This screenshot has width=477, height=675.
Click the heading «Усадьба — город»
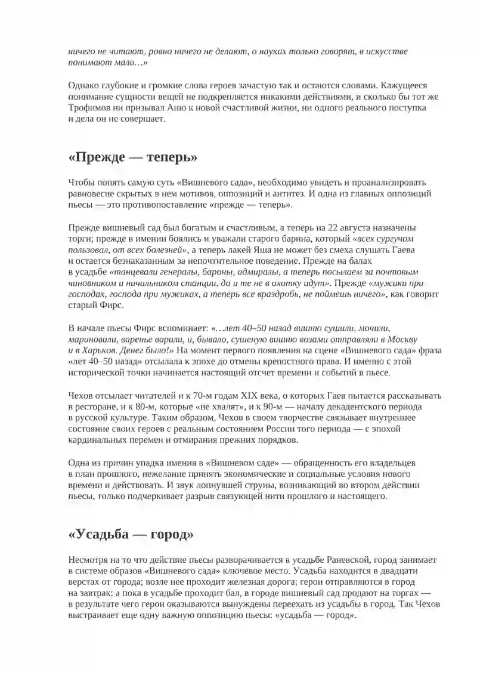coord(131,534)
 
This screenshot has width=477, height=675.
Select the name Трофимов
coord(88,107)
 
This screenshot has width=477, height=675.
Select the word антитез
coord(289,193)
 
